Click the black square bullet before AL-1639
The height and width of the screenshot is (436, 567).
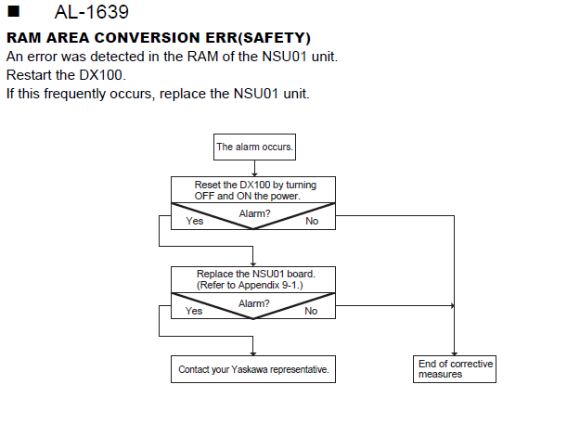pyautogui.click(x=13, y=11)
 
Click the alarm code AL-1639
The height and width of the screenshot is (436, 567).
pyautogui.click(x=92, y=12)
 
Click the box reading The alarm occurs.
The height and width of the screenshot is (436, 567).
pyautogui.click(x=254, y=147)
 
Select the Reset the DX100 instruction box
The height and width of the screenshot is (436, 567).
pyautogui.click(x=253, y=190)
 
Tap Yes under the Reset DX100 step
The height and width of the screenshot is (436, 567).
pyautogui.click(x=195, y=221)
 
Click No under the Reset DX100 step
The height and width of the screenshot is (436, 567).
pyautogui.click(x=312, y=221)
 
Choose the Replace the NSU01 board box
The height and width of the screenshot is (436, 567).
pyautogui.click(x=253, y=279)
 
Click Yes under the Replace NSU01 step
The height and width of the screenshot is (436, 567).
pyautogui.click(x=194, y=311)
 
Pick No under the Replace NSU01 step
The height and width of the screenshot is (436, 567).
pyautogui.click(x=311, y=311)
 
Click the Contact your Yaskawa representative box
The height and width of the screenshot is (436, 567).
pyautogui.click(x=253, y=369)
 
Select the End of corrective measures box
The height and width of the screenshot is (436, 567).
pyautogui.click(x=455, y=369)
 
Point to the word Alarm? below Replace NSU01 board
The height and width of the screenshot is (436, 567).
pyautogui.click(x=254, y=303)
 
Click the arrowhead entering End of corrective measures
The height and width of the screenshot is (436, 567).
pyautogui.click(x=454, y=353)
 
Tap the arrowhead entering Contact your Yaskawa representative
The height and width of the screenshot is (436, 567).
pyautogui.click(x=253, y=353)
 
